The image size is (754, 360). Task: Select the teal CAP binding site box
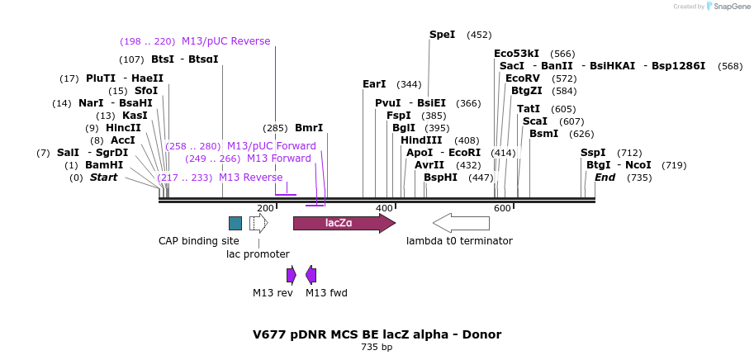point(235,223)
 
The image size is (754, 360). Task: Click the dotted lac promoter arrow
point(258,223)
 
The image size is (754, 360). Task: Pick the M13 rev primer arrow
point(291,275)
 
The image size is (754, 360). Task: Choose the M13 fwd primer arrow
point(311,275)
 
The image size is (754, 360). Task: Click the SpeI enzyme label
point(442,35)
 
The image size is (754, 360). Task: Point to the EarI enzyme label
point(374,84)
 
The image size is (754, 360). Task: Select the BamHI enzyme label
point(104,165)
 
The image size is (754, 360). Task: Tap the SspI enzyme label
point(593,153)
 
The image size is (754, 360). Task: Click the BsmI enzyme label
point(543,134)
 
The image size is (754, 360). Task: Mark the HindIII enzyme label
point(421,140)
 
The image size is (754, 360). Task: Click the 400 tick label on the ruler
point(384,208)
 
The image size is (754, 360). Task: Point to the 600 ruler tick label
point(502,208)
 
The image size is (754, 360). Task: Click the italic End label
point(605,178)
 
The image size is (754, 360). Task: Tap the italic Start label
point(103,178)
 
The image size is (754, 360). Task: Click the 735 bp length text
point(377,348)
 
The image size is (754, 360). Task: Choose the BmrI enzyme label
point(309,128)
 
